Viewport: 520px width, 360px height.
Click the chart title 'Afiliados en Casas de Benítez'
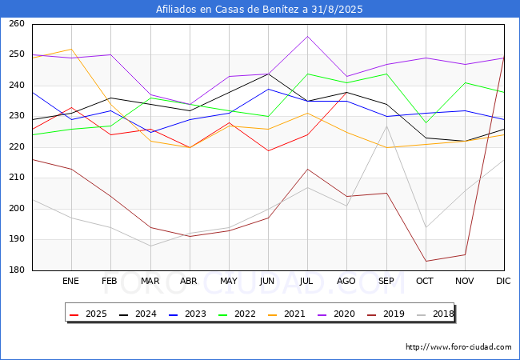[x=260, y=10]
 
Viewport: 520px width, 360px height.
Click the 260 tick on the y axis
[x=16, y=24]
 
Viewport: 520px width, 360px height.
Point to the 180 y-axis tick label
[x=16, y=270]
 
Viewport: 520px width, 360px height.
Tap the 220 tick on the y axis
[x=16, y=147]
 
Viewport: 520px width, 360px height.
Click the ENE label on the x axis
[x=71, y=282]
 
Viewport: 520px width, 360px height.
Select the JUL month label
[x=307, y=282]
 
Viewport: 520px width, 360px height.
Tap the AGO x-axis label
[x=346, y=282]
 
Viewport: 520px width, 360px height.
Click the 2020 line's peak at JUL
[x=307, y=36]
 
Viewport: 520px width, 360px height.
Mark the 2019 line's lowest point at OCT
[x=426, y=261]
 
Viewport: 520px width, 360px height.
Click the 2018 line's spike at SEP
[x=386, y=126]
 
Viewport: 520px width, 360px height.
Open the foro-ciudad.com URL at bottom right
[x=458, y=347]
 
